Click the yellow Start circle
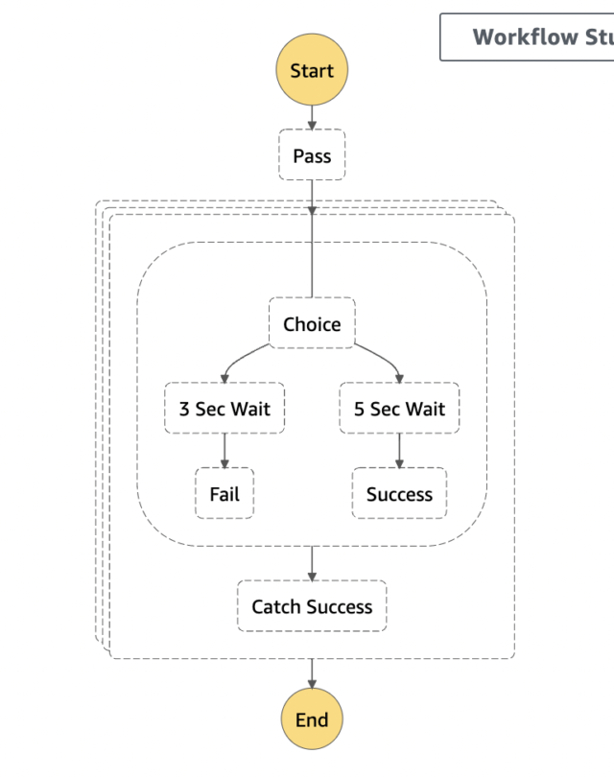pos(312,71)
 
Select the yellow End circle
pos(312,719)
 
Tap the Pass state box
pos(312,155)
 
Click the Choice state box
pos(312,324)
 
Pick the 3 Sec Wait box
pos(224,409)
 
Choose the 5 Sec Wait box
pos(399,409)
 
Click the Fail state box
pos(224,494)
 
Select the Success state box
pos(399,494)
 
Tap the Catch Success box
pos(312,606)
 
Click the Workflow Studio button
pos(528,37)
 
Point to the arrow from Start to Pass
pos(312,116)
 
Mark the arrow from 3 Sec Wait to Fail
pos(224,451)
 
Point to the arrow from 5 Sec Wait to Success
pos(399,451)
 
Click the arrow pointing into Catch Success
pos(312,564)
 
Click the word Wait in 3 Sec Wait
pos(250,409)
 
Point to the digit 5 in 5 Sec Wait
pos(360,409)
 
